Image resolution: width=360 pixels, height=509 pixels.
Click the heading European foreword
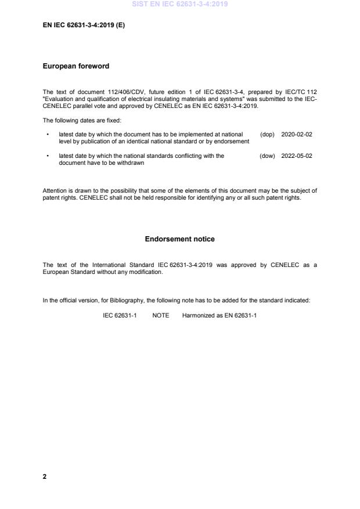click(x=76, y=66)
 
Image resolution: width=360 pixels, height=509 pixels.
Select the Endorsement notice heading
click(x=179, y=239)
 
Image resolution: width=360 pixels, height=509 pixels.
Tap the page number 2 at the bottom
click(x=45, y=476)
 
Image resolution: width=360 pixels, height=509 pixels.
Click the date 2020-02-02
click(x=297, y=133)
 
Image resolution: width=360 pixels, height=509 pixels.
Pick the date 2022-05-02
click(x=297, y=156)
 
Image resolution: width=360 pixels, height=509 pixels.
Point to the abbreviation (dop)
click(x=267, y=133)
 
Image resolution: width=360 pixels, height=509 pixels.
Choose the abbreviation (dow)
click(x=267, y=156)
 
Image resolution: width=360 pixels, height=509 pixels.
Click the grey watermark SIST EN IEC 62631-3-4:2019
click(x=180, y=4)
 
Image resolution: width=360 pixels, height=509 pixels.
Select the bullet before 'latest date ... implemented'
click(x=47, y=134)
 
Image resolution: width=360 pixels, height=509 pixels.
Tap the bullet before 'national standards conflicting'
click(x=47, y=156)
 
